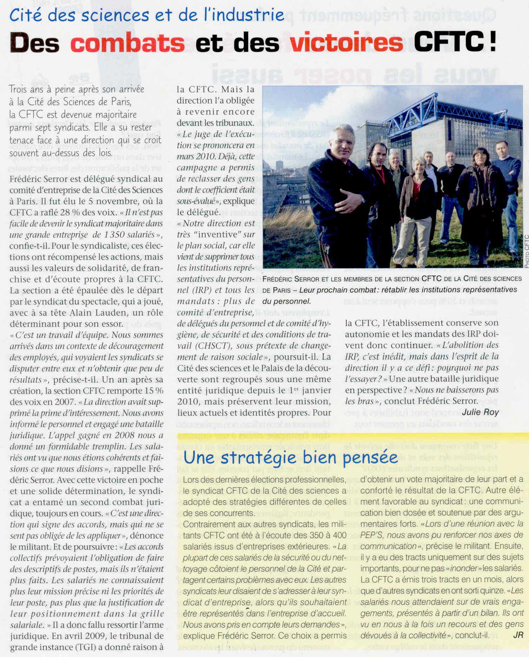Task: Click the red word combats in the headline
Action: pyautogui.click(x=127, y=43)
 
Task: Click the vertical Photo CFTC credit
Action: pyautogui.click(x=526, y=251)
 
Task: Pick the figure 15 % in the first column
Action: pyautogui.click(x=154, y=391)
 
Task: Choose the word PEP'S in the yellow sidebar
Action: pyautogui.click(x=371, y=535)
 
